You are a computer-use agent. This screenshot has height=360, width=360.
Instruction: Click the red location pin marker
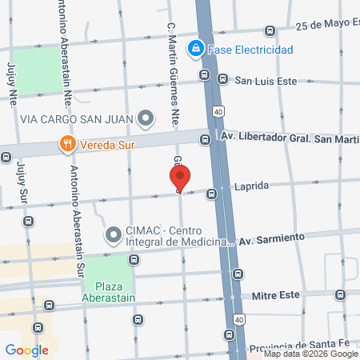[180, 178]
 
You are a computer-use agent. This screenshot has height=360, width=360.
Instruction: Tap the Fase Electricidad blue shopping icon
[194, 50]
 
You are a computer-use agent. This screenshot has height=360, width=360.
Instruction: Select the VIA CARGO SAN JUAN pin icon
[146, 120]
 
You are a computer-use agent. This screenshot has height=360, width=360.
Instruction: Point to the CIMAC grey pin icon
[113, 236]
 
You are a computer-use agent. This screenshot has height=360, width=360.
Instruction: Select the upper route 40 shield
[217, 110]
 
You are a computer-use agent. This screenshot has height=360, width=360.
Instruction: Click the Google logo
[26, 350]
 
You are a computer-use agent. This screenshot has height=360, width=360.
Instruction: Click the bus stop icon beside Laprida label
[212, 194]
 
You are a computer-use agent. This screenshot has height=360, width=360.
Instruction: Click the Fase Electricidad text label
[250, 50]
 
